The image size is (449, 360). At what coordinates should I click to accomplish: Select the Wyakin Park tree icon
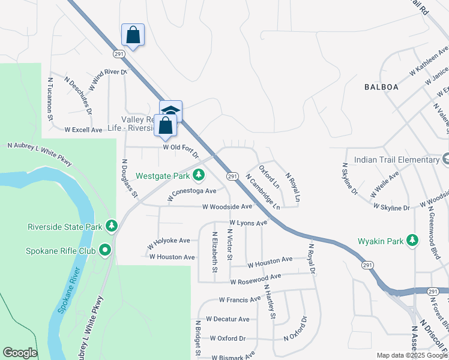tap(412, 241)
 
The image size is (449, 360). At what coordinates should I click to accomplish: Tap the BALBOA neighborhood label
tap(381, 87)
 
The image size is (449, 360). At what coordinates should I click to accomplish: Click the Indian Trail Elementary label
tap(397, 160)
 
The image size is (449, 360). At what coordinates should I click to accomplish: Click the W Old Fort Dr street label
tap(180, 147)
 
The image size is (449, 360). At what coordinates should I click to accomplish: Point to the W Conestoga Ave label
tap(191, 191)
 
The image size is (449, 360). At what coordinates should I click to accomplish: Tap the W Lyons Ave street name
tap(247, 223)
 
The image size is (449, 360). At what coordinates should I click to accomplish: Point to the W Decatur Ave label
tap(227, 319)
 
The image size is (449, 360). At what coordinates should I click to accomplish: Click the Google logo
tap(20, 353)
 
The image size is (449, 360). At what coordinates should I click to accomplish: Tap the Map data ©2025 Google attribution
tap(412, 355)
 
